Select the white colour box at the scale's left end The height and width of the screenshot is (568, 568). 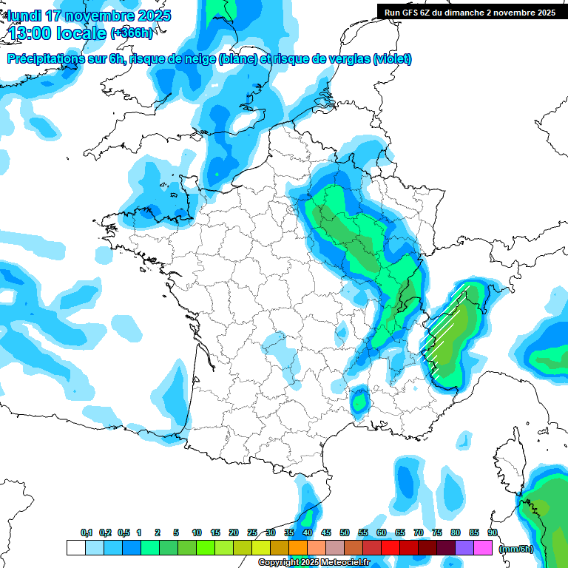tap(75, 548)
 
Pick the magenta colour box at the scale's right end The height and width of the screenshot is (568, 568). tap(483, 548)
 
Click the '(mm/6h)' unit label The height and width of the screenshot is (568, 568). tap(515, 548)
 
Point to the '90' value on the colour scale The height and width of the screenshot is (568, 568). tap(492, 533)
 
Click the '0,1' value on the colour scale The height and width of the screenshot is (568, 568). tap(87, 533)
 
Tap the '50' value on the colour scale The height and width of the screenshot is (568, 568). tap(345, 533)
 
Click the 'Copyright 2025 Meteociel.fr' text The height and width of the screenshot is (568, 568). tap(314, 563)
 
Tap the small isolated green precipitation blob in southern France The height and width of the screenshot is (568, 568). tap(360, 402)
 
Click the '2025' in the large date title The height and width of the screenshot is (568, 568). tap(152, 16)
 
